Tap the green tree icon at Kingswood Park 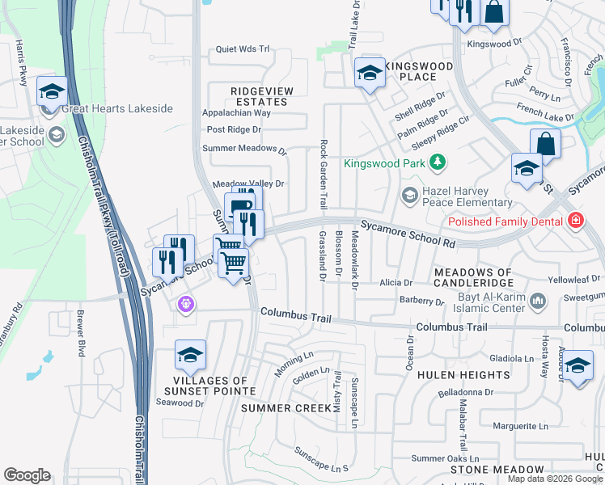click(x=438, y=163)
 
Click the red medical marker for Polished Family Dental click(x=575, y=220)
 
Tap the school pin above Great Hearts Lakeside click(x=52, y=92)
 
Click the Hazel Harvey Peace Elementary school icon click(x=409, y=195)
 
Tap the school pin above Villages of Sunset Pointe click(x=190, y=354)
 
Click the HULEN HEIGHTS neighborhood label click(x=454, y=376)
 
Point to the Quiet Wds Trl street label click(x=242, y=49)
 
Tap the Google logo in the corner click(x=27, y=475)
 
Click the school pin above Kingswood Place click(x=370, y=75)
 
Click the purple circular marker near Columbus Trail click(x=186, y=303)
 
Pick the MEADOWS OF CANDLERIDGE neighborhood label click(x=473, y=277)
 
